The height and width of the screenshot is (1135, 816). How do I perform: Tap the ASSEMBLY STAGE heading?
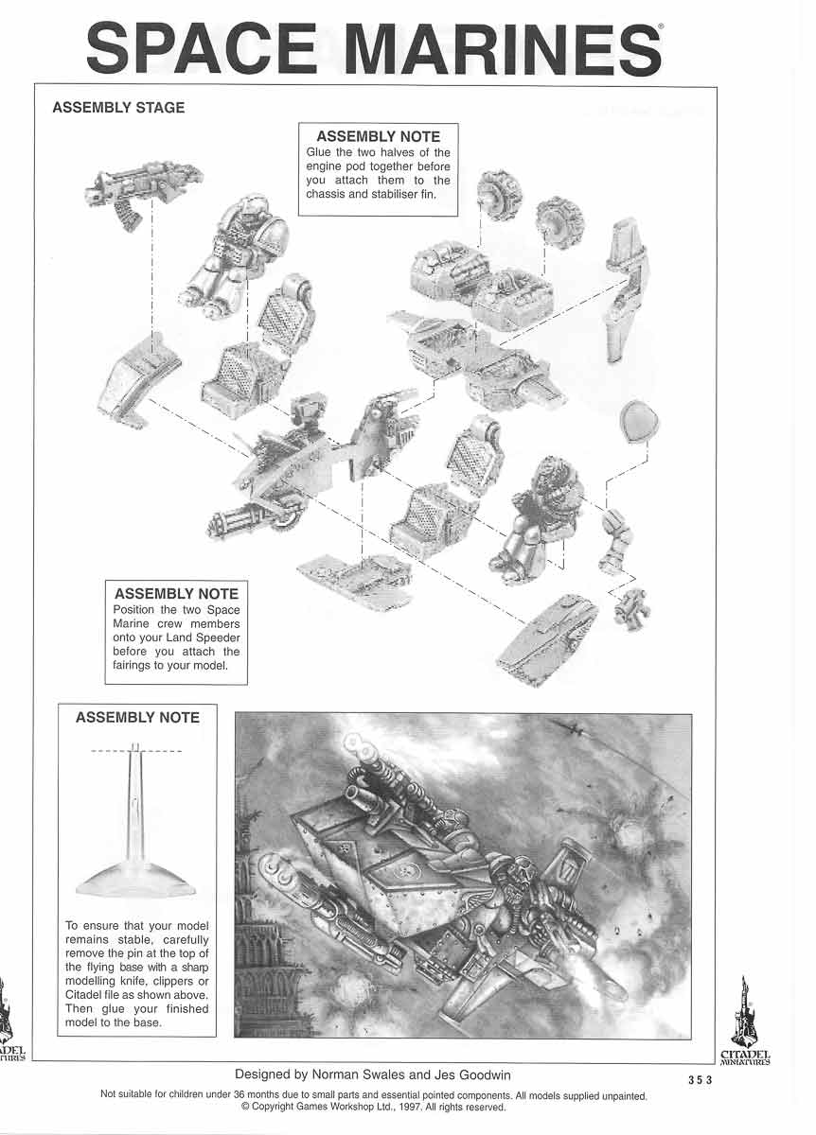point(118,107)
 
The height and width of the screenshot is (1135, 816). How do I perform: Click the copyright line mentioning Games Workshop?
point(373,1107)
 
